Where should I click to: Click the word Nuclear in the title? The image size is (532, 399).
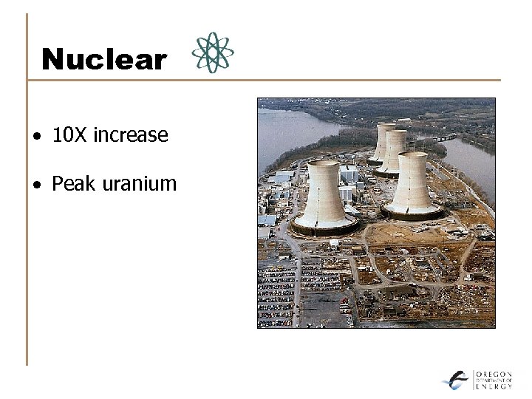coord(104,60)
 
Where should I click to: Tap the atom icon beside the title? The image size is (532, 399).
coord(213,52)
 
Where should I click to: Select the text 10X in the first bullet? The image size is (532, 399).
coord(69,135)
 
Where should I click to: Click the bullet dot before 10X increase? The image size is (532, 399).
coord(36,137)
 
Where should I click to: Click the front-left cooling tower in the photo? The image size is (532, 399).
coord(324,196)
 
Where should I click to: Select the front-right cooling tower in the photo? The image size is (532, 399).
coord(412,185)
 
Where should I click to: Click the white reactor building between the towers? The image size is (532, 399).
coord(349,174)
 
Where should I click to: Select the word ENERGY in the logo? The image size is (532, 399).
coord(494,386)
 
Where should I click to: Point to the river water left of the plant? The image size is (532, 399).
coord(284,129)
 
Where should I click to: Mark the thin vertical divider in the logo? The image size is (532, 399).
coord(473,380)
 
